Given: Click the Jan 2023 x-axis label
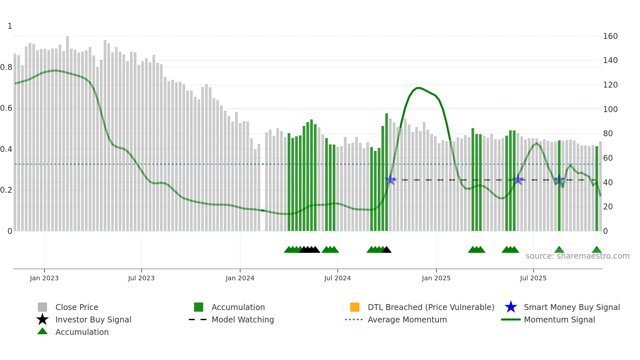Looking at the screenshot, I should pos(44,278).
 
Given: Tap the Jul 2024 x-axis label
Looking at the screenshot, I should pos(337,278).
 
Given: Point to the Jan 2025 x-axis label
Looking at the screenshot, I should pos(436,278).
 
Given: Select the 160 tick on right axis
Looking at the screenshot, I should pos(610,36).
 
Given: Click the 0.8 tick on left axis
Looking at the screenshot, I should pos(6,67).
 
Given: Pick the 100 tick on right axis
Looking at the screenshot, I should pos(610,109).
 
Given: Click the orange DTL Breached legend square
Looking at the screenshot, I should pos(355,307).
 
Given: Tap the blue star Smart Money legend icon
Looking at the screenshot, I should pos(511,307).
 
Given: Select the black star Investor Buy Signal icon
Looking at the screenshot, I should pos(42,319).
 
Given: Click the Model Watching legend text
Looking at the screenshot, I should pos(243,319).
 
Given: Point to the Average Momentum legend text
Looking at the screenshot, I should pos(407,319).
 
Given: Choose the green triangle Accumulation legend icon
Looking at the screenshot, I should pos(42,331).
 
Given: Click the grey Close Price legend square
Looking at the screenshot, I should pos(42,307).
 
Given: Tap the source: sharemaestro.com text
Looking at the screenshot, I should pos(577,256).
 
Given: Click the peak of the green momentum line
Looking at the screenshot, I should pos(419,88).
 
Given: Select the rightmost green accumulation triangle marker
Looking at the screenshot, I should pos(597,250).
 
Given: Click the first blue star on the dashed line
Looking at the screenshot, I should pos(390,179).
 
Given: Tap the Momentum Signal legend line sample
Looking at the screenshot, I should pos(511,319).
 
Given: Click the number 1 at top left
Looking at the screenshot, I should pos(10,26).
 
